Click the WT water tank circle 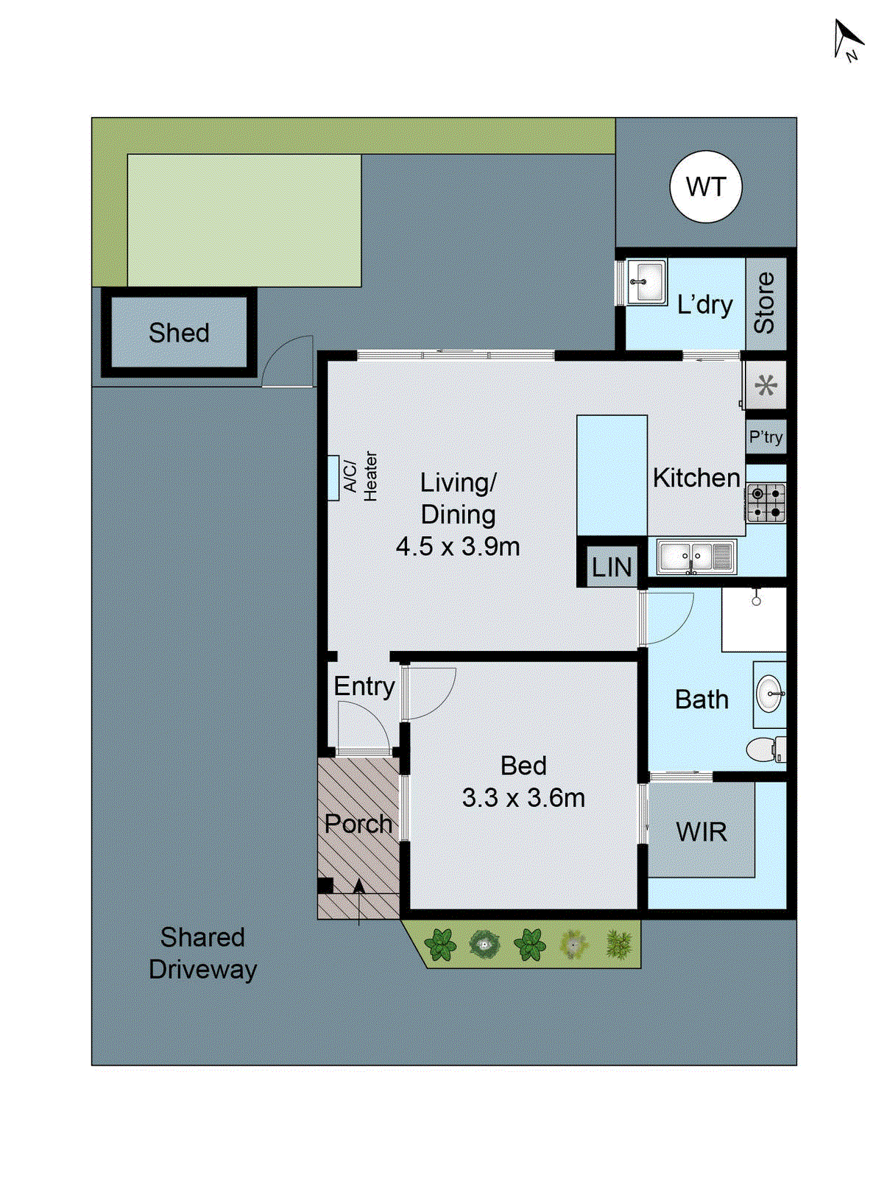click(705, 187)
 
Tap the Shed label click(179, 333)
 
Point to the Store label click(765, 303)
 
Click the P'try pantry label click(765, 437)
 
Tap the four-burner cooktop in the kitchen click(765, 503)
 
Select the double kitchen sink click(696, 557)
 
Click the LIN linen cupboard click(612, 567)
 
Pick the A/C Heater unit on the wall click(333, 478)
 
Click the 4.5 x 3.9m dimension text click(458, 547)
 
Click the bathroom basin click(769, 694)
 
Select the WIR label click(701, 833)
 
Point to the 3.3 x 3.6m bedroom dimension click(523, 798)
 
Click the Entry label click(364, 686)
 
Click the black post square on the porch click(325, 886)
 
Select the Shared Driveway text click(202, 953)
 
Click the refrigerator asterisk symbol click(765, 385)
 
